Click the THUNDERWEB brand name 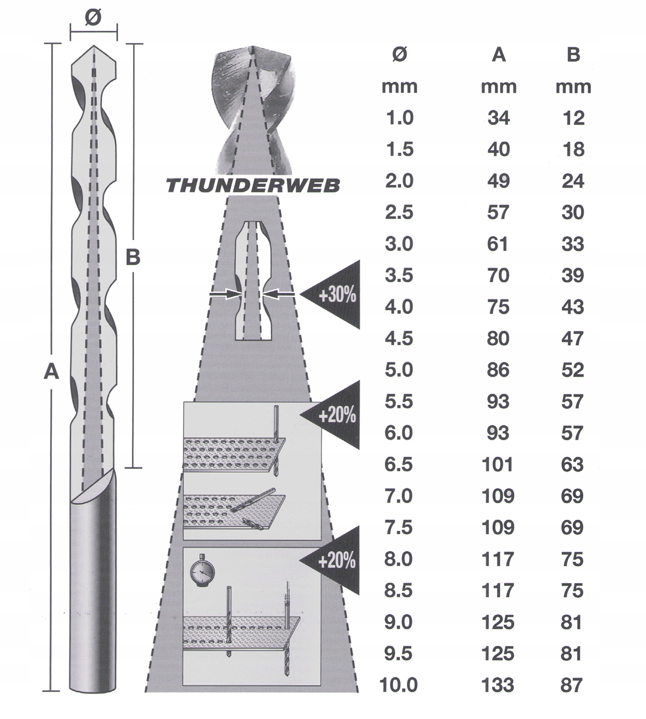pyautogui.click(x=253, y=186)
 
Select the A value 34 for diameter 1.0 pyautogui.click(x=498, y=118)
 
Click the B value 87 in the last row pyautogui.click(x=572, y=685)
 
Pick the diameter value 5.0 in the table pyautogui.click(x=399, y=370)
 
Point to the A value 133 pyautogui.click(x=498, y=685)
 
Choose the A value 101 pyautogui.click(x=498, y=464)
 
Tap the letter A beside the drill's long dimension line pyautogui.click(x=51, y=371)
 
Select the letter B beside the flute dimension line pyautogui.click(x=133, y=257)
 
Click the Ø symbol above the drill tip pyautogui.click(x=93, y=18)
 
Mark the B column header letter pyautogui.click(x=573, y=55)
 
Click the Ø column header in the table pyautogui.click(x=399, y=55)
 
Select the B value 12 pyautogui.click(x=573, y=118)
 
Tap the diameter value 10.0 pyautogui.click(x=399, y=685)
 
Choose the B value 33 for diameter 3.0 pyautogui.click(x=573, y=244)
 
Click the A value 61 pyautogui.click(x=498, y=244)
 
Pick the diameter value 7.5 pyautogui.click(x=399, y=528)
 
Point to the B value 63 pyautogui.click(x=572, y=464)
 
